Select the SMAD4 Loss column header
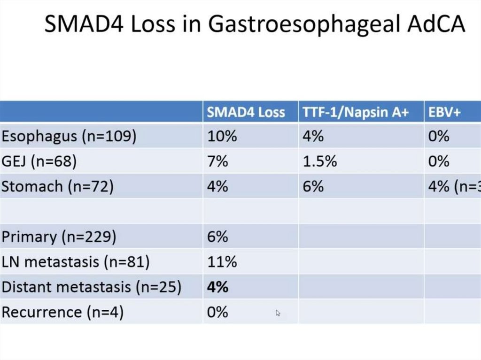[x=246, y=112]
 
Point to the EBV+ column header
[x=444, y=112]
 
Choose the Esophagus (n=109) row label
[x=69, y=137]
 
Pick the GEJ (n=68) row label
[x=39, y=161]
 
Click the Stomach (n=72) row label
[x=58, y=186]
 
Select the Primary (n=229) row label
[x=59, y=237]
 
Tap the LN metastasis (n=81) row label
[x=76, y=262]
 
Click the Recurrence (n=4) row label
[x=62, y=312]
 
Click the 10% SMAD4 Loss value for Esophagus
[x=222, y=137]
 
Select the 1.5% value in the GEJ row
[x=319, y=161]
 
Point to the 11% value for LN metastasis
[x=222, y=262]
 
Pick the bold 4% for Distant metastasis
[x=218, y=287]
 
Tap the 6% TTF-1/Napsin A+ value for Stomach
[x=313, y=186]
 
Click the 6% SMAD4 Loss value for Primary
[x=217, y=237]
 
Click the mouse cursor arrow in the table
[x=279, y=313]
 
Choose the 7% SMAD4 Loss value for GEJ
[x=217, y=161]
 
